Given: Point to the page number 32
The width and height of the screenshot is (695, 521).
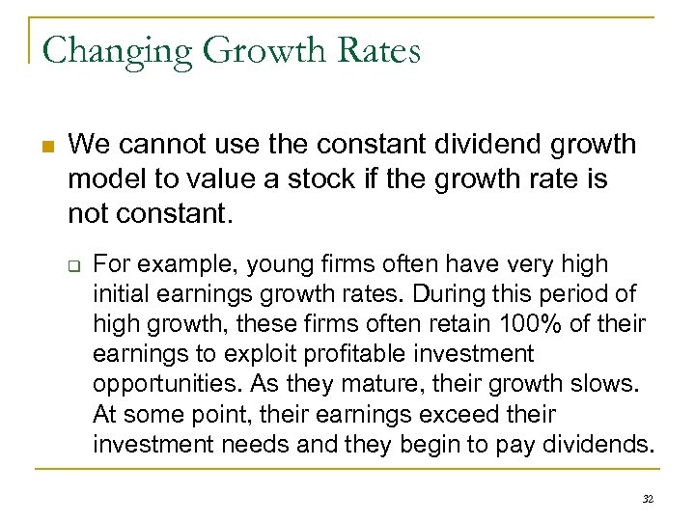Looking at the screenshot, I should [x=648, y=499].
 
